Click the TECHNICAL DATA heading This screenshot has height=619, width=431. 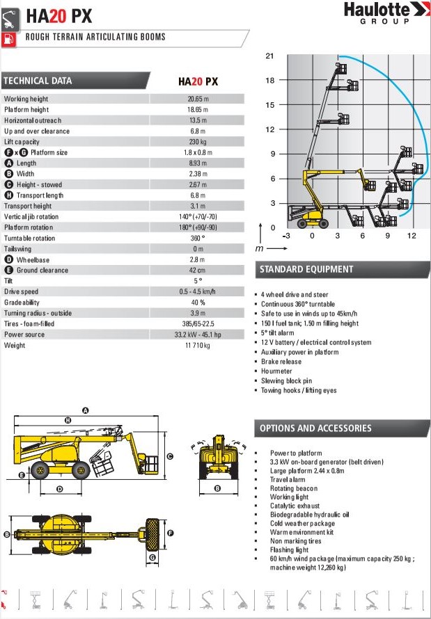coord(38,81)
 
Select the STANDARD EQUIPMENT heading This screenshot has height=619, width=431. coord(306,269)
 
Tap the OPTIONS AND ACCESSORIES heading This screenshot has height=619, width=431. coord(315,428)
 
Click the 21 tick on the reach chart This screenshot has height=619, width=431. coord(270,56)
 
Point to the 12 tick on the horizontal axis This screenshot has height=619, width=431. coord(412,236)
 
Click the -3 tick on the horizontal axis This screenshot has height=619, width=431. coord(286,236)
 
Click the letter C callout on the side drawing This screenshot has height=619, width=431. coord(169,456)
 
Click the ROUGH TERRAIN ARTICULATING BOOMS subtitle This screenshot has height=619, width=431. coord(95,37)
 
